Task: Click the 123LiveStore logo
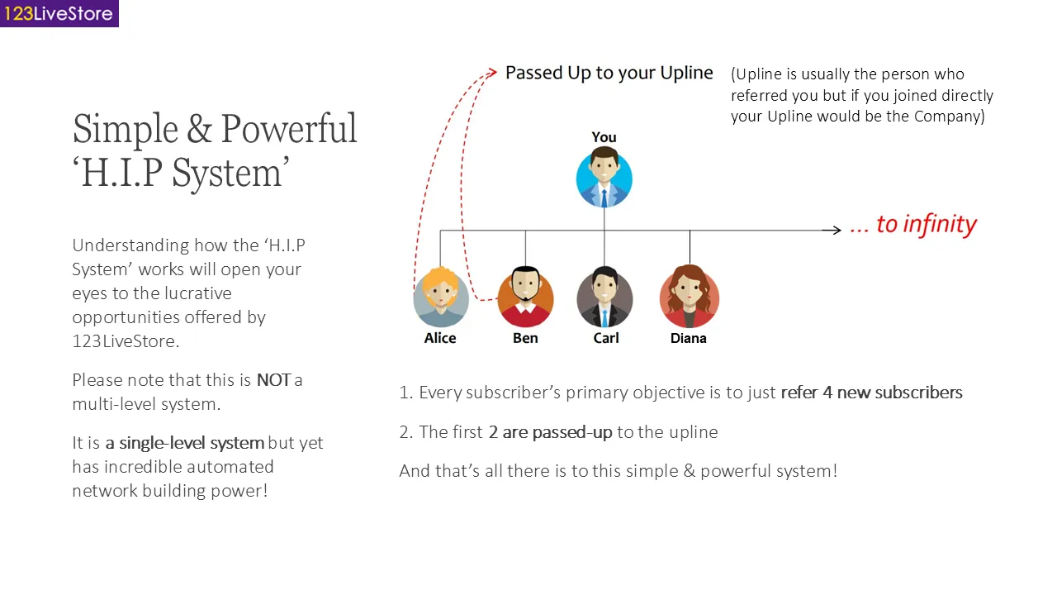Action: click(59, 13)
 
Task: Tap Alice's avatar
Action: click(441, 297)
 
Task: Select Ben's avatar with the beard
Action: click(525, 297)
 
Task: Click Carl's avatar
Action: click(604, 297)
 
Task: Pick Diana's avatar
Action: click(690, 297)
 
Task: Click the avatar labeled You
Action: click(604, 178)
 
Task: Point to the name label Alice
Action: click(440, 338)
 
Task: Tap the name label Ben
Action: click(525, 338)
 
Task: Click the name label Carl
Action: click(606, 338)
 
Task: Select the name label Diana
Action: click(689, 338)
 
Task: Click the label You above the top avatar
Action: click(604, 137)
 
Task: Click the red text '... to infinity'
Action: click(913, 225)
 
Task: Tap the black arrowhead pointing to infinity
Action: click(837, 231)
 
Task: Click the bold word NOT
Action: click(273, 380)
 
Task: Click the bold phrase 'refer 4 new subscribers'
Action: click(871, 393)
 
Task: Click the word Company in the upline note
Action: click(948, 117)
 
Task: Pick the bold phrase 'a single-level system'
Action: click(184, 443)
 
